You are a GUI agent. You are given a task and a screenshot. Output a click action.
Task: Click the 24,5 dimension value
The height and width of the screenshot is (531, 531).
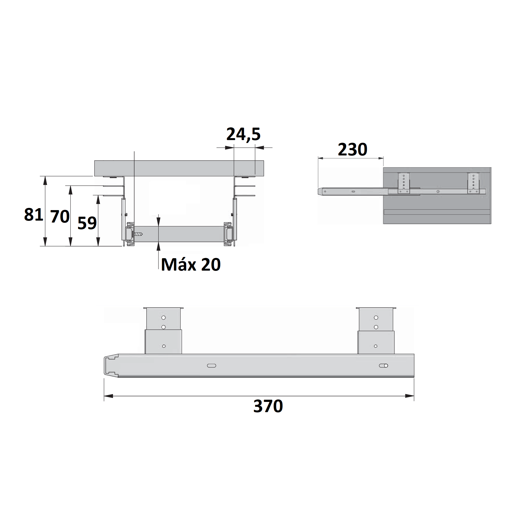[243, 134]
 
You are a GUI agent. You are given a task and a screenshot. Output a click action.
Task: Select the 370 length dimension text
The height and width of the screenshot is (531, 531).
[268, 406]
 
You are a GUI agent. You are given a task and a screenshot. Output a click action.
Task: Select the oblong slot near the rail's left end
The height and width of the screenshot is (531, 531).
[211, 366]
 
